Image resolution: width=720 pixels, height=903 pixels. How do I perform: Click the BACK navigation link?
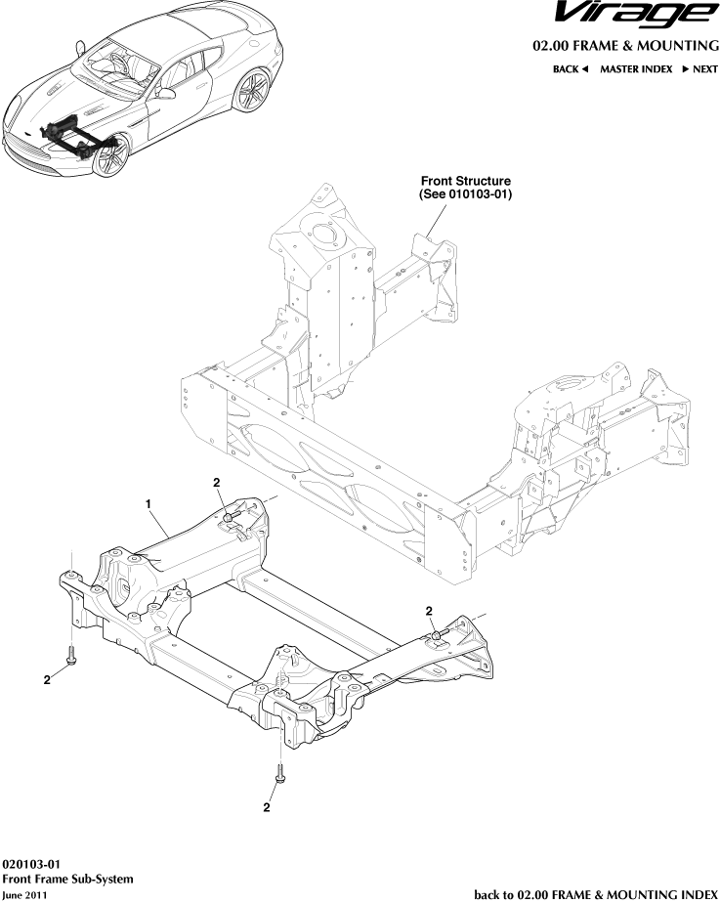click(570, 69)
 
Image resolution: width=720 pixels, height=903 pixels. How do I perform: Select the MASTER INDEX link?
click(635, 69)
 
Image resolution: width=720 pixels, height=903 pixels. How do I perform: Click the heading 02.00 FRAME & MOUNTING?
click(625, 46)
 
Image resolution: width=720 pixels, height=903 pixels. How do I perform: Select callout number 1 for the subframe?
click(148, 503)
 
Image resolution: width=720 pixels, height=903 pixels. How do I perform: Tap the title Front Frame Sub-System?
click(67, 879)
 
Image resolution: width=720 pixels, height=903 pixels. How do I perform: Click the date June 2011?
click(24, 894)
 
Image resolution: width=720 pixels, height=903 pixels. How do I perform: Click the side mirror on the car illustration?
click(168, 94)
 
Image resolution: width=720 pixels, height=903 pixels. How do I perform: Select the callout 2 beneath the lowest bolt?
click(266, 808)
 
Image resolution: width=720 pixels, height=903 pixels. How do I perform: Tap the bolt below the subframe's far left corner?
click(71, 660)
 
